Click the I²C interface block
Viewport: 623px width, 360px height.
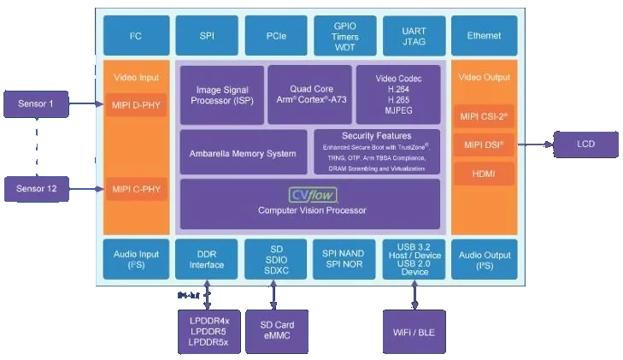pos(135,36)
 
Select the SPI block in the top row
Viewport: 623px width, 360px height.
pos(206,36)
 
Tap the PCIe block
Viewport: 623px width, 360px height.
pos(275,36)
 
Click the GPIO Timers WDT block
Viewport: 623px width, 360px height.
pos(344,36)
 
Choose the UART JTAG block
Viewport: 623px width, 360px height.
pos(414,36)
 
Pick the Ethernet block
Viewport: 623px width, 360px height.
pos(484,36)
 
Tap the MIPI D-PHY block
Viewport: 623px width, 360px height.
pos(136,105)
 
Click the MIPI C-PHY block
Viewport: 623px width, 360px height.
pos(136,188)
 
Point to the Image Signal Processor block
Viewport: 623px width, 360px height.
pos(221,94)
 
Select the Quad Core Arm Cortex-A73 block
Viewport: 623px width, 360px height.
pos(309,94)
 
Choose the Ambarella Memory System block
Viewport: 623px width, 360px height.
pos(243,153)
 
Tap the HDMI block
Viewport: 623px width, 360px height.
pos(484,174)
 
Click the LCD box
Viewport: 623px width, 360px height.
pos(585,145)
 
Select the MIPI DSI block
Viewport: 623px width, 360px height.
pos(484,145)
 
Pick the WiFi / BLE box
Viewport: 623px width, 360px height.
pos(414,330)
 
